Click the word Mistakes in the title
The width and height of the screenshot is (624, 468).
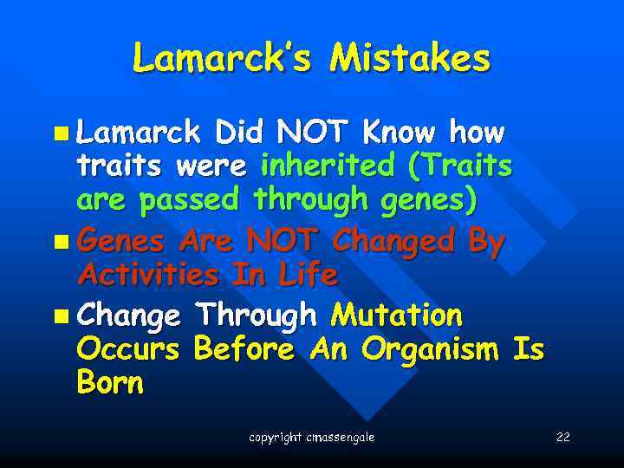point(410,58)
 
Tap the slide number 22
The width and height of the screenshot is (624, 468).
point(562,437)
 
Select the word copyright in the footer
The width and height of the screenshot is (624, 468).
point(276,437)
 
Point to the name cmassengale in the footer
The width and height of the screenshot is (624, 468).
point(341,437)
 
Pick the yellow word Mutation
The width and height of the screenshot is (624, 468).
point(396,315)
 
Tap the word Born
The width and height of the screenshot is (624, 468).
point(110,383)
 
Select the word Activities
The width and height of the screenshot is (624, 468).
point(147,275)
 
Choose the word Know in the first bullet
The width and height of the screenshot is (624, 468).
point(400,133)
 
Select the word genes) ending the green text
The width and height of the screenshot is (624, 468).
point(428,199)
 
